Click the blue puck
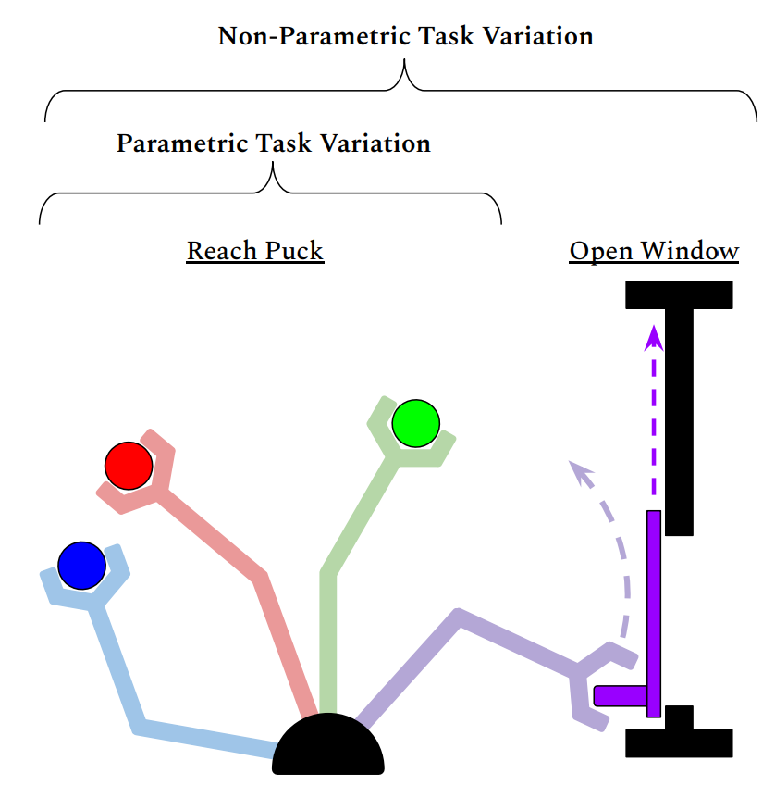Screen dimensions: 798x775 click(81, 564)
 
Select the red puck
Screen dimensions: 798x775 click(129, 465)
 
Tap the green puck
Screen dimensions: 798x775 click(415, 423)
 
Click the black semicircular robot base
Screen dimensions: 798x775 click(328, 748)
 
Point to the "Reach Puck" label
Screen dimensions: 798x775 click(255, 251)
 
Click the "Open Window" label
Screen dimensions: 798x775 click(654, 251)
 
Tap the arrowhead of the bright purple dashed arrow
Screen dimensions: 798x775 click(654, 334)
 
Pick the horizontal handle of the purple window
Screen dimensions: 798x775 click(621, 695)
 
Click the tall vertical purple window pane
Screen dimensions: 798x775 click(654, 611)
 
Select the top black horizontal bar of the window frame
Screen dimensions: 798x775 click(680, 294)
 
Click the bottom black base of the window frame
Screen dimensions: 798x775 click(680, 742)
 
